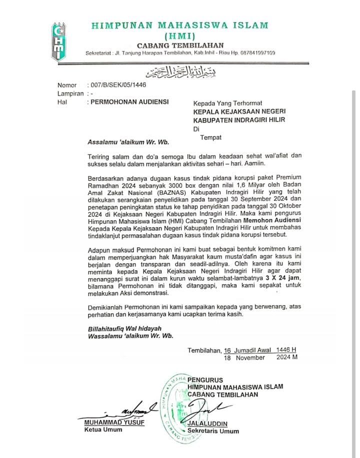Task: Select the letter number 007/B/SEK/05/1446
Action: tap(116, 85)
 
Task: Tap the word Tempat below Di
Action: tap(210, 137)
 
